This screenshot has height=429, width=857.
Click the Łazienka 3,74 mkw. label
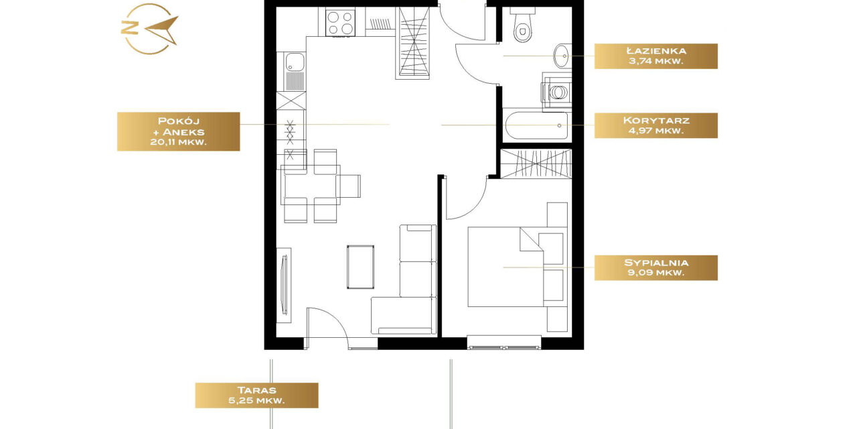[x=655, y=56]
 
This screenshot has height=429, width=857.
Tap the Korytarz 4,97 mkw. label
[x=655, y=125]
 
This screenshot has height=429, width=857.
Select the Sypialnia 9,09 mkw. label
[x=655, y=267]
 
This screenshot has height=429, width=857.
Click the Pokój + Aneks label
[x=178, y=131]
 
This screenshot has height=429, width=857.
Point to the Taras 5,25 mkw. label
[x=256, y=395]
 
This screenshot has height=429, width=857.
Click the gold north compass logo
[x=149, y=29]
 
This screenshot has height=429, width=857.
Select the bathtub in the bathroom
[x=537, y=125]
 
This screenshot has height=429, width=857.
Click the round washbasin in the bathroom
[x=562, y=56]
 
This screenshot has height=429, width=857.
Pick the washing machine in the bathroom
[x=556, y=91]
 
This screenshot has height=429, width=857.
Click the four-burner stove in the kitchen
[x=340, y=23]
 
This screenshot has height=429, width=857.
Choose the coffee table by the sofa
[x=360, y=267]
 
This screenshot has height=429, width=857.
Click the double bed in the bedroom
[x=505, y=267]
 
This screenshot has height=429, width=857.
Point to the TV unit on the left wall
[x=284, y=286]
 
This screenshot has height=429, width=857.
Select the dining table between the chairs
[x=311, y=185]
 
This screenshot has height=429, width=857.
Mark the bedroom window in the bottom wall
[x=504, y=343]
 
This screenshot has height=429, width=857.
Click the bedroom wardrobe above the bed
[x=536, y=164]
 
